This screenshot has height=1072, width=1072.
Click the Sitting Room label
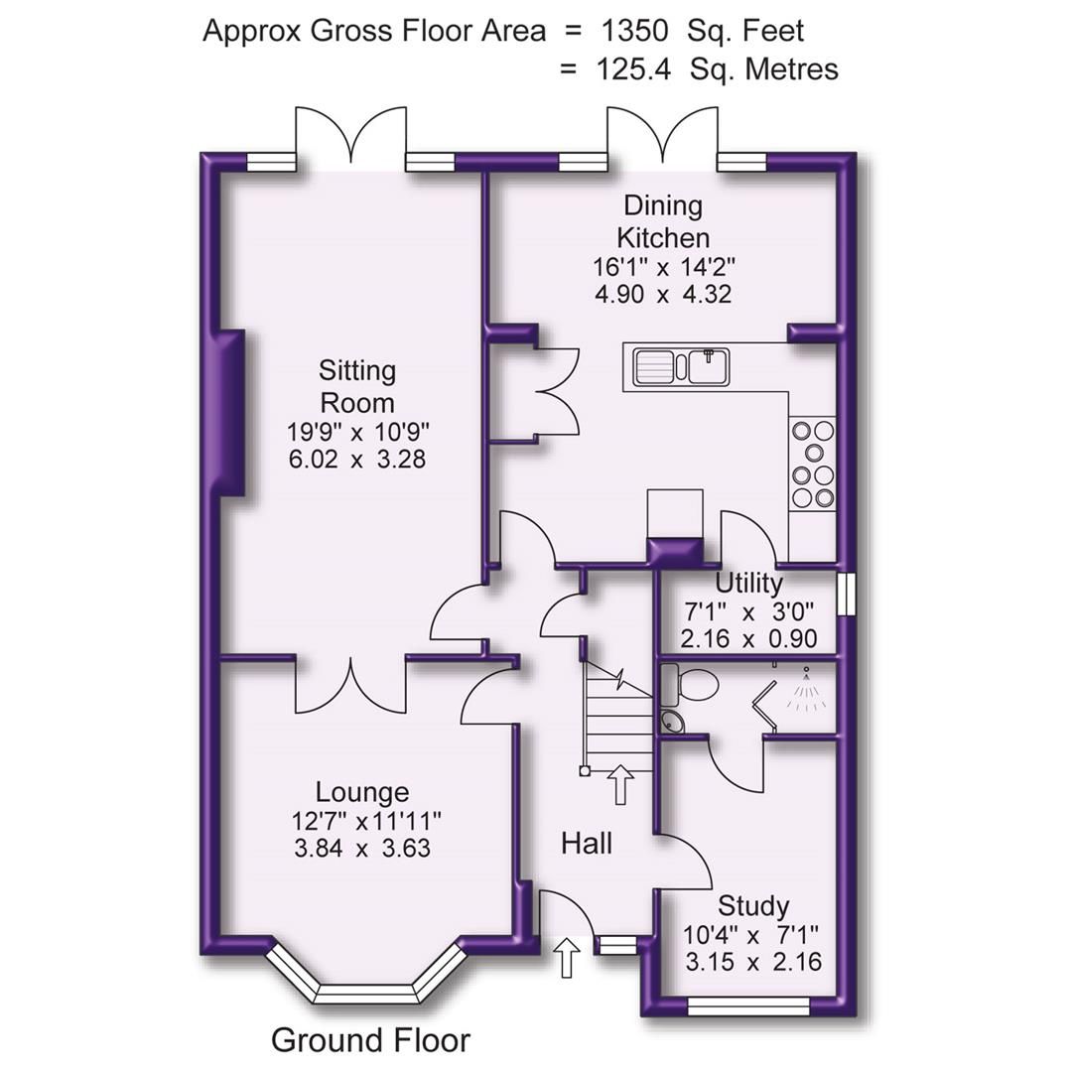[356, 386]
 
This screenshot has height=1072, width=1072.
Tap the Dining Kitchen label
[663, 221]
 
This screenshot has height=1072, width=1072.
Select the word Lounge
[361, 792]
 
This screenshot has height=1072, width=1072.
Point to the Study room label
[753, 905]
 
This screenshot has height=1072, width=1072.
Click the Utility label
[748, 583]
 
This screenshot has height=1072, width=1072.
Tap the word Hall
[587, 844]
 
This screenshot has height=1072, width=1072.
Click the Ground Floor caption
[370, 1040]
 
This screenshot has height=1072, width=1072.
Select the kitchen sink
[680, 366]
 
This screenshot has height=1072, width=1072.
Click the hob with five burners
[812, 465]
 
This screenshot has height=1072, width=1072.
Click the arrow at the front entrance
[567, 958]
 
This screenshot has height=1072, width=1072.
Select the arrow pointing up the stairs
[621, 784]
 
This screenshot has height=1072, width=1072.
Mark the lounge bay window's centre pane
[364, 993]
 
